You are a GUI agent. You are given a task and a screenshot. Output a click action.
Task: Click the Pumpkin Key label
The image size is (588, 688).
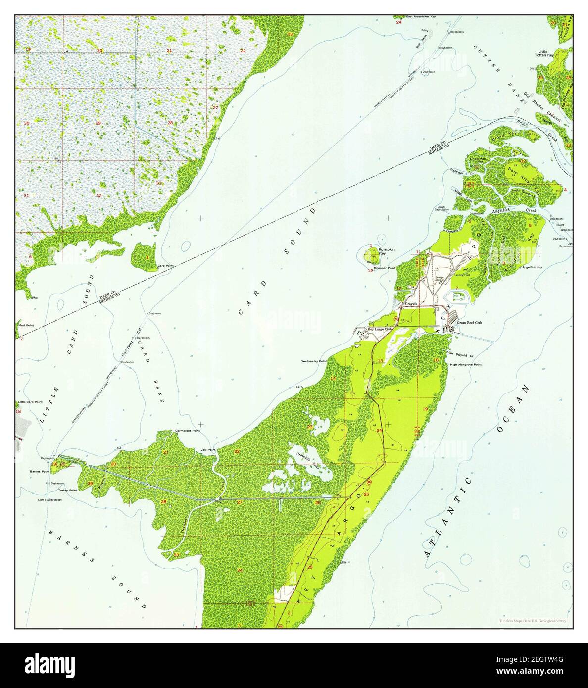tap(386, 252)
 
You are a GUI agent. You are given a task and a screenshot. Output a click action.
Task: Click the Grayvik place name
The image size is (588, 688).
tap(412, 303)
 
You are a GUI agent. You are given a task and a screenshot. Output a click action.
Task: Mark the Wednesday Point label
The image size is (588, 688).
tap(314, 361)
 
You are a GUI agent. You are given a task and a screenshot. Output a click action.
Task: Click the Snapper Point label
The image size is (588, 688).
tap(385, 268)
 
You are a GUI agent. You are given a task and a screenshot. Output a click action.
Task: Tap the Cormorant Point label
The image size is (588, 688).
tap(188, 431)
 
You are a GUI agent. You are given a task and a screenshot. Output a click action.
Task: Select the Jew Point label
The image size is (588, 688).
tap(208, 450)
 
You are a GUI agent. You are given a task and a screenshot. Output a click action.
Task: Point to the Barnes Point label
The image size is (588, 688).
tap(39, 472)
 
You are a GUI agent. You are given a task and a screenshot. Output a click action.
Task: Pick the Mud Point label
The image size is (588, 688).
tap(26, 325)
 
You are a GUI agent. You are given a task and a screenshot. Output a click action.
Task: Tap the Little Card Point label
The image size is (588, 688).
tap(29, 402)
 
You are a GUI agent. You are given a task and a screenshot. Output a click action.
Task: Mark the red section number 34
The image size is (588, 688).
tap(240, 570)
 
